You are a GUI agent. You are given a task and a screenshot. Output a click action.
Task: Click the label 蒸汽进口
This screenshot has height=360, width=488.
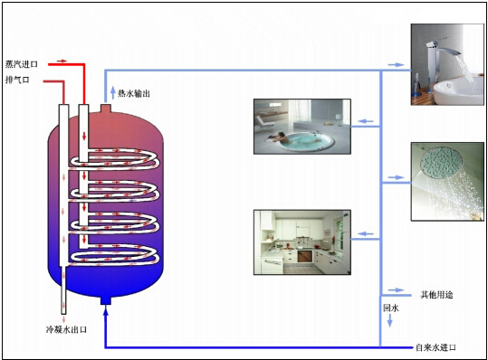coord(23,65)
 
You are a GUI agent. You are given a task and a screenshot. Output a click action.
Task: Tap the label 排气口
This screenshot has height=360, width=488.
coord(17,81)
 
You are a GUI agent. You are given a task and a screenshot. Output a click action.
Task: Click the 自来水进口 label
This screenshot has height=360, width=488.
coord(435,348)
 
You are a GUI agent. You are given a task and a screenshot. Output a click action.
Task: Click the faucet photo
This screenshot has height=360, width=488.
coord(446,66)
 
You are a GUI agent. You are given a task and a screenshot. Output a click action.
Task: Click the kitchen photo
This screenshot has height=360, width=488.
coord(301,242)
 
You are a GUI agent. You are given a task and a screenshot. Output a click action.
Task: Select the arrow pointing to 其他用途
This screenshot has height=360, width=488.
coord(396,291)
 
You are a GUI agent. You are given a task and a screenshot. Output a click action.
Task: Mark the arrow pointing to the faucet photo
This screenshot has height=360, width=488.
coord(396,64)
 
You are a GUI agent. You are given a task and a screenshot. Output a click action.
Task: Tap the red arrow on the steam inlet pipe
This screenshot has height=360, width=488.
coord(63,62)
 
